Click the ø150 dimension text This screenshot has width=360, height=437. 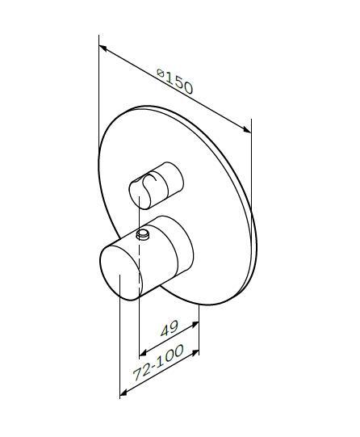(175, 82)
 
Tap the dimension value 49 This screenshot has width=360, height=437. (169, 329)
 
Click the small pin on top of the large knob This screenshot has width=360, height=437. (144, 235)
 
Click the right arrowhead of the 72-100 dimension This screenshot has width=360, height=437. (195, 352)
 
